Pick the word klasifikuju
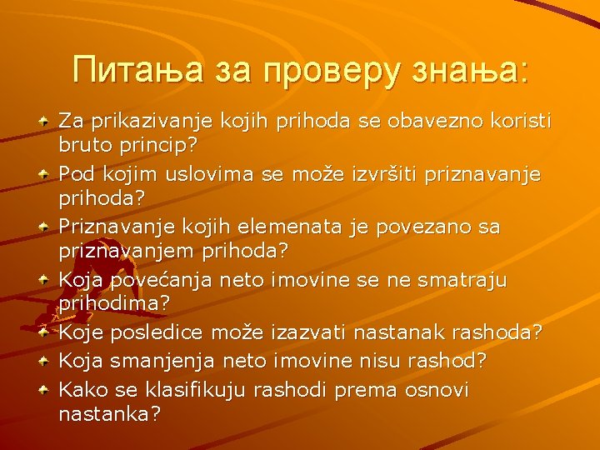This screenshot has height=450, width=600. click(209, 388)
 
